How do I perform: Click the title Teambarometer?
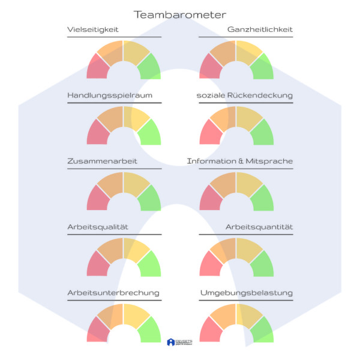(x=180, y=14)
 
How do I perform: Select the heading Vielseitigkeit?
(x=93, y=29)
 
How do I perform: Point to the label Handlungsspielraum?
(x=110, y=95)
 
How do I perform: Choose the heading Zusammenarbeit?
(x=102, y=161)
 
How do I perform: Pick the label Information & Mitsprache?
(x=240, y=161)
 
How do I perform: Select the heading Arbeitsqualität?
(x=98, y=227)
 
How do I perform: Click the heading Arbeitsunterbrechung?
(x=113, y=293)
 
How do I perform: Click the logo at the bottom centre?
(x=180, y=342)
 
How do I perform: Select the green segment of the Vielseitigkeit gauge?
(x=150, y=67)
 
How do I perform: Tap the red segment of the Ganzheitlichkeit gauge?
(x=209, y=67)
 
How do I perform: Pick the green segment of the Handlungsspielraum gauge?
(x=150, y=133)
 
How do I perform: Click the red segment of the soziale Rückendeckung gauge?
(x=209, y=133)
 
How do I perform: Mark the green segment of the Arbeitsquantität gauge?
(x=262, y=265)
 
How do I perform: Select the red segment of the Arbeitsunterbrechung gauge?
(x=97, y=331)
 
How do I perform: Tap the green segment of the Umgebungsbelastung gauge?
(x=262, y=331)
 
